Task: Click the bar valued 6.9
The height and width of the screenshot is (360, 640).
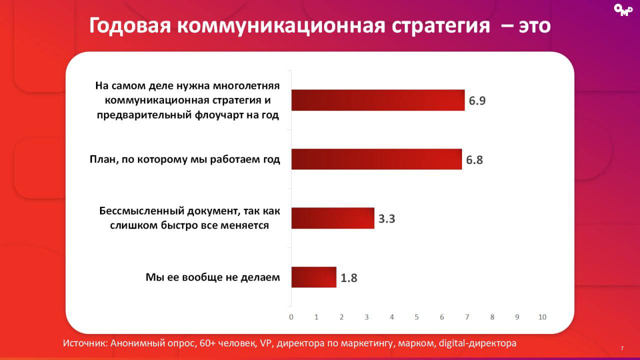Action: tap(378, 100)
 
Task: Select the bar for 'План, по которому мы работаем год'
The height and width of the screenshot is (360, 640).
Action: tap(376, 159)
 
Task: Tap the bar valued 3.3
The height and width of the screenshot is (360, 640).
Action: tap(332, 218)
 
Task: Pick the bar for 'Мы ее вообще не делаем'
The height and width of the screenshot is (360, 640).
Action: tap(313, 277)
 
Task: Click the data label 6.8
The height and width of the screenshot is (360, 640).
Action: tap(475, 160)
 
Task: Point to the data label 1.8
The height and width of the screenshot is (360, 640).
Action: tap(349, 278)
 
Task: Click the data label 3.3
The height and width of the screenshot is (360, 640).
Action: tap(386, 219)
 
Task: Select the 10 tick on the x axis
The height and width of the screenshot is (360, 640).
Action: tap(542, 317)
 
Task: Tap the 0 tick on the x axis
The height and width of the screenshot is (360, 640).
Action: tap(291, 317)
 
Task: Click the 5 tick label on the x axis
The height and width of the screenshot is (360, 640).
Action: tap(417, 317)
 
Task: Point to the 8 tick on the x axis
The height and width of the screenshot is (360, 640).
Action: tap(492, 317)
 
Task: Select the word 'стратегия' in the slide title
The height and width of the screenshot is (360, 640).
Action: tap(440, 26)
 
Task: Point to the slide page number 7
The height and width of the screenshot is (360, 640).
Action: tap(622, 348)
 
